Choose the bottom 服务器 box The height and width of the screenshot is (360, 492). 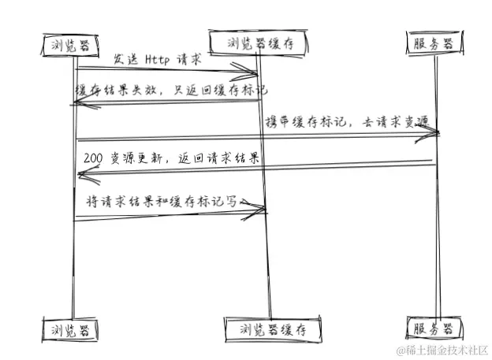tap(433, 326)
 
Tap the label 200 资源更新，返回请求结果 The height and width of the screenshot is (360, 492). tap(171, 158)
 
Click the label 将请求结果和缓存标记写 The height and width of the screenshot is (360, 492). tap(162, 200)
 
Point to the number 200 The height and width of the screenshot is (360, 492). tap(92, 158)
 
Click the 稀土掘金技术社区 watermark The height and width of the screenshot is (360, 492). tap(443, 349)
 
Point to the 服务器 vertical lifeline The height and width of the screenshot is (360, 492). tap(435, 236)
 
